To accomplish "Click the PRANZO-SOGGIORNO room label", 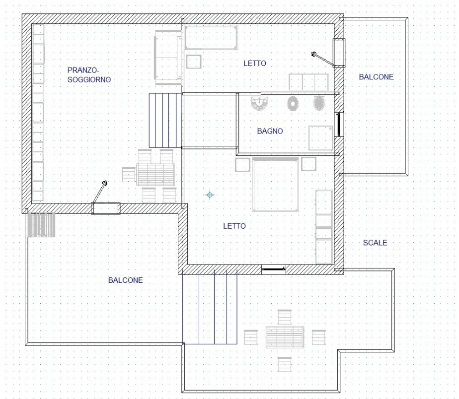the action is (x=89, y=75).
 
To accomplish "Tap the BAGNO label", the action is (x=270, y=131).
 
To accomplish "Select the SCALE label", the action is (x=375, y=243).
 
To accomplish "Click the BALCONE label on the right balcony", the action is (x=376, y=77).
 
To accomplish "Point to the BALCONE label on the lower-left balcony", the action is (x=125, y=280).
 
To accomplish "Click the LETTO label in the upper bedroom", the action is (x=255, y=63).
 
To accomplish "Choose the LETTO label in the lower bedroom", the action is (x=234, y=226).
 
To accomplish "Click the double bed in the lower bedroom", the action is (x=276, y=184).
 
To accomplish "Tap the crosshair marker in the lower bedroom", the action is (x=210, y=195).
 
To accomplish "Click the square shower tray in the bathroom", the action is (x=321, y=138).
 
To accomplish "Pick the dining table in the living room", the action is (x=155, y=175).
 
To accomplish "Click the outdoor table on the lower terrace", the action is (x=285, y=337).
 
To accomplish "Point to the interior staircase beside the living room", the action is (x=165, y=121).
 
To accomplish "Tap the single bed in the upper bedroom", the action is (x=211, y=37).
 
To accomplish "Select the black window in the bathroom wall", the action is (x=339, y=125).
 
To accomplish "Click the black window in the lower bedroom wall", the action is (x=273, y=268).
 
